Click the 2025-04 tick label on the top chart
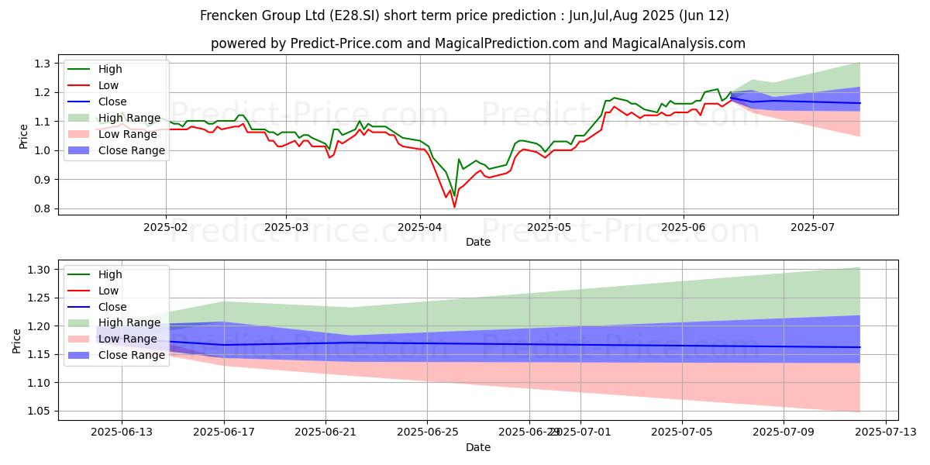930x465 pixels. point(419,226)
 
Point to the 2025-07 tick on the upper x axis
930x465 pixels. point(812,226)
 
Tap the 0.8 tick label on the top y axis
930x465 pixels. point(42,209)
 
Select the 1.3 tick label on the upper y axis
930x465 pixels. point(42,64)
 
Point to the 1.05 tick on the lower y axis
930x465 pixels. point(39,412)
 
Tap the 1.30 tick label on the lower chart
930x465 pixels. point(39,270)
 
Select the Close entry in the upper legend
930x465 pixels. point(113,102)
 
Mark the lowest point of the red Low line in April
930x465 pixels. point(454,207)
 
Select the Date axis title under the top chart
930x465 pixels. point(477,242)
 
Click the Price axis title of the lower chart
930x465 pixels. point(16,340)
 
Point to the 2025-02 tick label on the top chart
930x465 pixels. point(165,226)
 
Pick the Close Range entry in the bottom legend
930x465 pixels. point(131,356)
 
